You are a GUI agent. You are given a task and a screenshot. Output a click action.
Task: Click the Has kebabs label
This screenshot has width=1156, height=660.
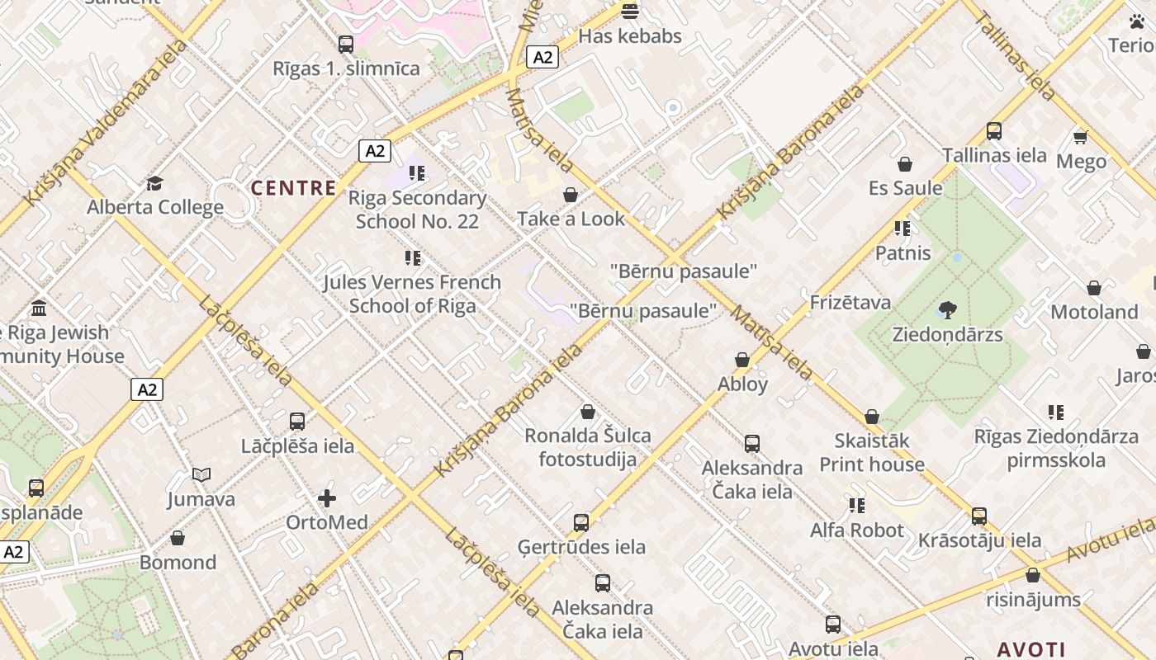click(629, 36)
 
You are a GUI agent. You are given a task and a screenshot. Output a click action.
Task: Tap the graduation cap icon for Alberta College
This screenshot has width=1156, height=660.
click(154, 183)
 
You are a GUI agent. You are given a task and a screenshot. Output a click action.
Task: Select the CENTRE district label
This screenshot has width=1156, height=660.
click(293, 188)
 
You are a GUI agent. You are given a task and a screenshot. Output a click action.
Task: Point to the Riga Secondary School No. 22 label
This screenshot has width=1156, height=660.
click(417, 210)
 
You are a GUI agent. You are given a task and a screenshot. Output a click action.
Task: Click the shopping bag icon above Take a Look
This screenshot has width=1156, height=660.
click(570, 195)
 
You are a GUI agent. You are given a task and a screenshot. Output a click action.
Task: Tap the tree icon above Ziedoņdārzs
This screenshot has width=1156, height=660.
click(947, 311)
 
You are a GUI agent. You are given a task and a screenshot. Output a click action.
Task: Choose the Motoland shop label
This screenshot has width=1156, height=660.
click(1094, 312)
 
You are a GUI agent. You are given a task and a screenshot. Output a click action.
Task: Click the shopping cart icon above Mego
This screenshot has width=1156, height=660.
click(1080, 137)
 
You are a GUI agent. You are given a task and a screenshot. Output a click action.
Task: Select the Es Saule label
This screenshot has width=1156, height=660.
click(905, 188)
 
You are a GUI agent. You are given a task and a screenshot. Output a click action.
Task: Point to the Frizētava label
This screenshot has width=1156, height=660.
click(850, 303)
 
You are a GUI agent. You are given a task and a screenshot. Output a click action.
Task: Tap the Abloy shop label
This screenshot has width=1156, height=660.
click(742, 384)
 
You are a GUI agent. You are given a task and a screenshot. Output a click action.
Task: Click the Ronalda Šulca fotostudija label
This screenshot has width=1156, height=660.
click(588, 447)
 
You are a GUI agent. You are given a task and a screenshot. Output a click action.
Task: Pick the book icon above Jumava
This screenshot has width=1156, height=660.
click(201, 474)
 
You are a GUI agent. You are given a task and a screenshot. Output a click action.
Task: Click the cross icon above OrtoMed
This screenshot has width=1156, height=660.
click(327, 498)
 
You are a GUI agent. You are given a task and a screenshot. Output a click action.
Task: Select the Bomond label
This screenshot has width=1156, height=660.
click(178, 563)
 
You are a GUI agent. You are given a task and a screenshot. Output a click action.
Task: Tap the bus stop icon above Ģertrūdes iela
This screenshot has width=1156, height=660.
click(581, 522)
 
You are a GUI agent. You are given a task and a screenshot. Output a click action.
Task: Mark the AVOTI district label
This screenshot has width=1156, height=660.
click(1030, 649)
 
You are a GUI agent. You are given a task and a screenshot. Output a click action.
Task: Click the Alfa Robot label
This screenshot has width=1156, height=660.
click(857, 530)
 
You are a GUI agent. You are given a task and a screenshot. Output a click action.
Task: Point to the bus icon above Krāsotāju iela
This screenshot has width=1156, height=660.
click(979, 516)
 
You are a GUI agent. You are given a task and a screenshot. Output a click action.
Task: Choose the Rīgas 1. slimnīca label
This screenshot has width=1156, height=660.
click(346, 68)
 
